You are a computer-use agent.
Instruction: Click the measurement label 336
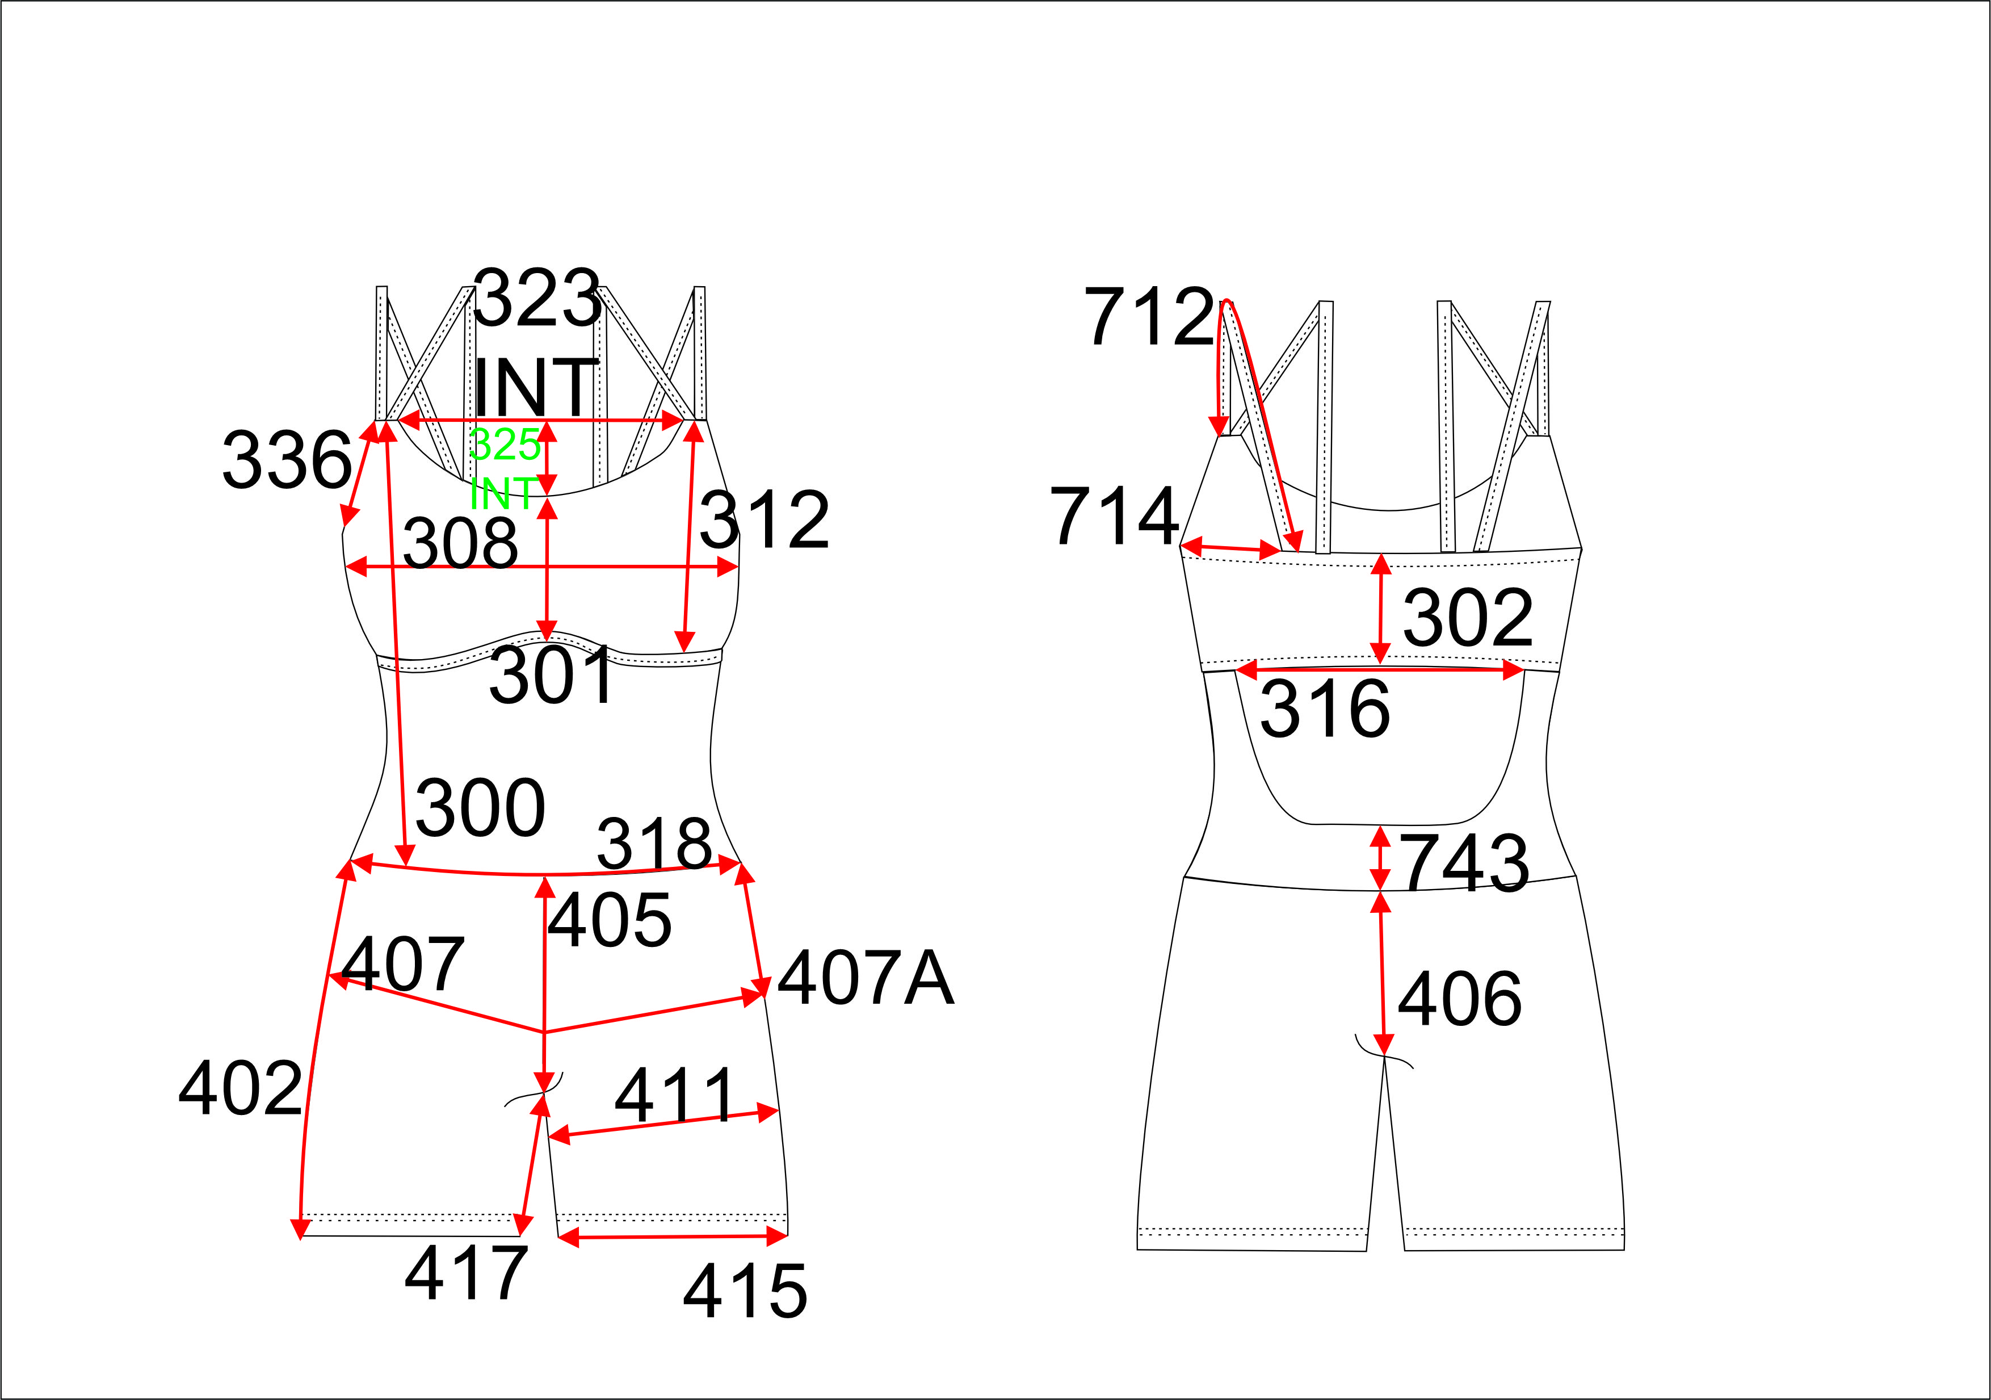[x=287, y=460]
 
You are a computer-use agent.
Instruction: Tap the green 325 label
[x=505, y=445]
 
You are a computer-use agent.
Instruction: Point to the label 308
[x=460, y=543]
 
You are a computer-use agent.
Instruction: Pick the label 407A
[x=866, y=978]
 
